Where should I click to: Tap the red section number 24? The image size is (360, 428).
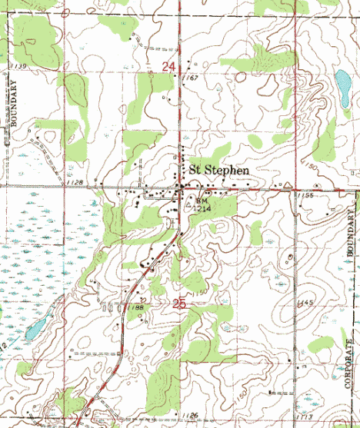click(x=170, y=68)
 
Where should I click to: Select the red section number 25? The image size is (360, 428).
click(x=179, y=305)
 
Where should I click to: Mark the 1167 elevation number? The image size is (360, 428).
click(x=192, y=78)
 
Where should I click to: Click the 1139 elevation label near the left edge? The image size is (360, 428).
click(x=19, y=68)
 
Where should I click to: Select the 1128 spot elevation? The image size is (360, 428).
click(x=75, y=182)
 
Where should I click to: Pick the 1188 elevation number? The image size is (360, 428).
click(x=138, y=307)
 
